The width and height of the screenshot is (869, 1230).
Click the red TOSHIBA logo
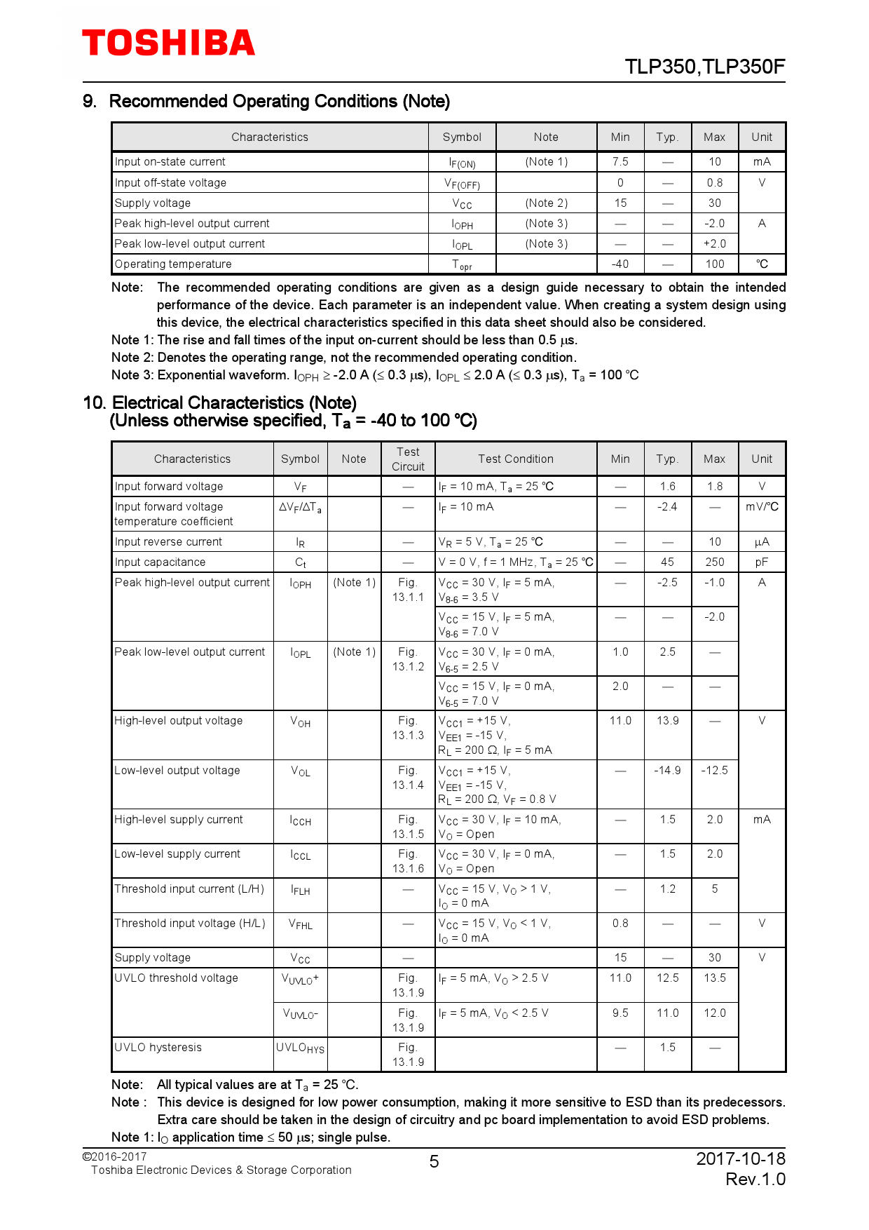[168, 43]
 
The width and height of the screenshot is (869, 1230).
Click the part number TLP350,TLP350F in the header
[704, 67]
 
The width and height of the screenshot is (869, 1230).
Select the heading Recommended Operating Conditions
[279, 102]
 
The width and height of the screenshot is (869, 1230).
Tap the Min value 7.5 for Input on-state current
[620, 162]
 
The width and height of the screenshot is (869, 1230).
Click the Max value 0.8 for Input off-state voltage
[714, 182]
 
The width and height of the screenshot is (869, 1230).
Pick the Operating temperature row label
[173, 264]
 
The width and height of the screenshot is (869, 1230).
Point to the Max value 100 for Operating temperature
[714, 264]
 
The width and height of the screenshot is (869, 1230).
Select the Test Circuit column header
[408, 459]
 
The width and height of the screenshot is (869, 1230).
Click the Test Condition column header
[515, 459]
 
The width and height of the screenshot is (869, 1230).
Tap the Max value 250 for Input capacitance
[714, 562]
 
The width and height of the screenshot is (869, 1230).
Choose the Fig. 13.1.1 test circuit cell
[408, 590]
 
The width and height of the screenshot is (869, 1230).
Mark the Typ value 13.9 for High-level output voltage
[667, 721]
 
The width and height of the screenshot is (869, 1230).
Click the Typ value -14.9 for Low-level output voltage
[667, 771]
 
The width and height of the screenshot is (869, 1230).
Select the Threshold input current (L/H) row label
[189, 889]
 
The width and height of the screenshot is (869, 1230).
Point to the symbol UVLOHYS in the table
[300, 1048]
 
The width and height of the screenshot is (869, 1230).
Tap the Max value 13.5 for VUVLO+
[714, 978]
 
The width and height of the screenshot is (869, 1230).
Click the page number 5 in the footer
[434, 1162]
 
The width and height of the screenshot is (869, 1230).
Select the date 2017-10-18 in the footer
[740, 1158]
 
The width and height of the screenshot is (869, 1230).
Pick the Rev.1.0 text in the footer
[755, 1180]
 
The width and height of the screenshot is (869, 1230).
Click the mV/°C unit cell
[761, 507]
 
